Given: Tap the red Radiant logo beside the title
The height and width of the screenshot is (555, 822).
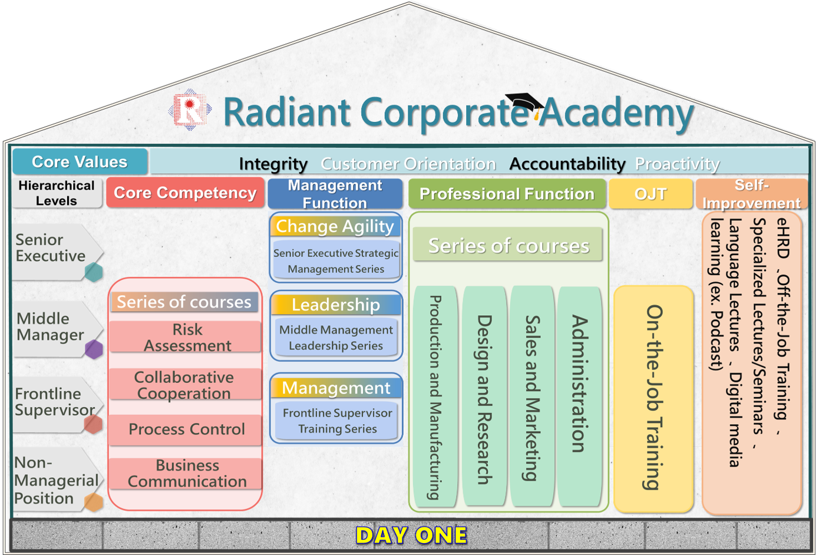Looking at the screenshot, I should (x=190, y=110).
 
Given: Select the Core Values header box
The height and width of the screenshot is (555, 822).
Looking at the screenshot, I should (x=80, y=162).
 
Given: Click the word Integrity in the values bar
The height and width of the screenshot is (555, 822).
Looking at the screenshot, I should (x=273, y=164).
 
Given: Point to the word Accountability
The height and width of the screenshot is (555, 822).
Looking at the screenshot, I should (x=567, y=164).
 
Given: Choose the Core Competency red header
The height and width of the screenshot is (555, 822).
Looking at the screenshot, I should (x=185, y=193).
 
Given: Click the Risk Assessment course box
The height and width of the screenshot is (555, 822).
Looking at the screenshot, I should (x=186, y=337).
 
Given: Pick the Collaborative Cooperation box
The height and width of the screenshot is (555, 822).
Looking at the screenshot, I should (x=185, y=385).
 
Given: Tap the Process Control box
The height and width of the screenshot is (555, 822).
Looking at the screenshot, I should (x=186, y=430).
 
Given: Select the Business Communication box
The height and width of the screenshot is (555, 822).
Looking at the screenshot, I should (x=186, y=473).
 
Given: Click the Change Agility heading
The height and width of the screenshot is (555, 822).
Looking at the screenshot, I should (x=335, y=226).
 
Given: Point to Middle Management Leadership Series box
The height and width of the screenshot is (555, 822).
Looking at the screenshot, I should (x=336, y=338).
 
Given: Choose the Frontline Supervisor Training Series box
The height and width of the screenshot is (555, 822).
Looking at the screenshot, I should (x=336, y=421).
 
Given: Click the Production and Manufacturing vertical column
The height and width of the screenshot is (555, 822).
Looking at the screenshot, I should (x=435, y=396).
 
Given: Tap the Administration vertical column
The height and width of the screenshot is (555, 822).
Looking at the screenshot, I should (x=579, y=396).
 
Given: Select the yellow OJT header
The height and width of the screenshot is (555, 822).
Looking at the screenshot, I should (x=651, y=194).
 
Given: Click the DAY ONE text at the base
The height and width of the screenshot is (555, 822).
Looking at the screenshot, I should (x=411, y=535).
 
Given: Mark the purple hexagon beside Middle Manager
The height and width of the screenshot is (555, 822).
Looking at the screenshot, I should (x=94, y=349).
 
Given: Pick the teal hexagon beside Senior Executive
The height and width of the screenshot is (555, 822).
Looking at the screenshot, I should (x=94, y=272).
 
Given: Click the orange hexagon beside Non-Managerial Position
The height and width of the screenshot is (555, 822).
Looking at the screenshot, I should (x=94, y=502).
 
